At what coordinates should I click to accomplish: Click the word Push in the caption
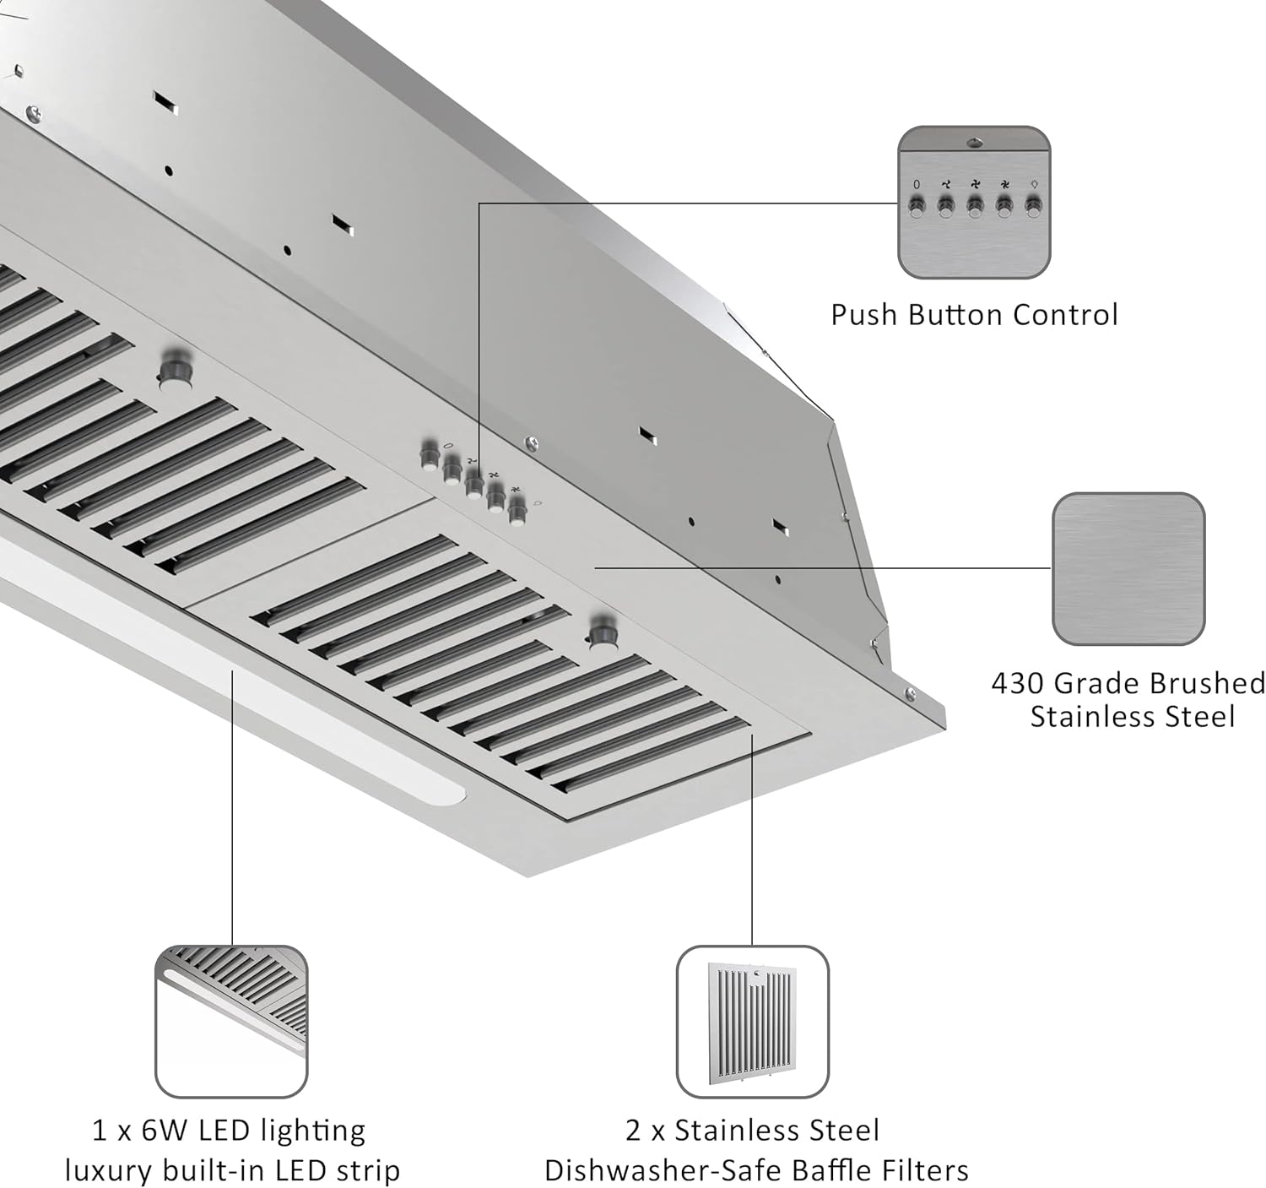click(x=865, y=315)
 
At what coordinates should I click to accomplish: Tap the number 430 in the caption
click(x=1018, y=683)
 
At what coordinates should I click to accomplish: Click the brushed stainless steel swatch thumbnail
click(x=1128, y=569)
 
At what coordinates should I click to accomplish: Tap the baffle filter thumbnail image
click(x=752, y=1022)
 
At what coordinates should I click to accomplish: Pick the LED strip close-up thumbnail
click(x=231, y=1022)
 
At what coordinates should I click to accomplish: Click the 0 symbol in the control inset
click(x=917, y=184)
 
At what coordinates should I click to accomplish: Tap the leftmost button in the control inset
click(x=917, y=205)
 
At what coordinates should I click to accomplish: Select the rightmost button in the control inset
click(x=1033, y=205)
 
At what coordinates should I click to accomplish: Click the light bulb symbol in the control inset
click(x=1034, y=183)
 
